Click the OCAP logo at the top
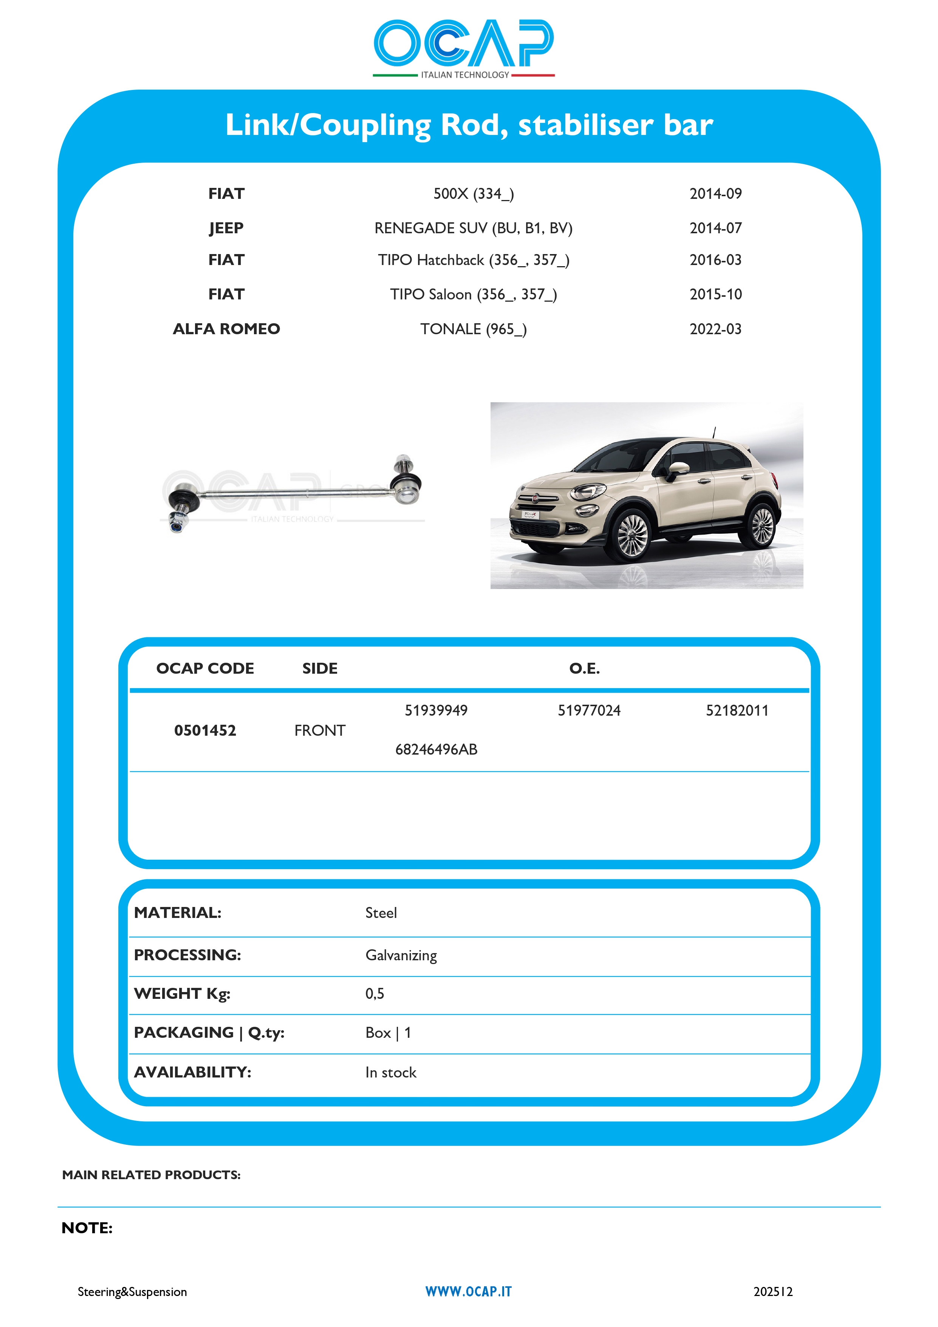click(x=464, y=47)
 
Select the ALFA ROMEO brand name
click(x=226, y=329)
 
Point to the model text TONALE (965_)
click(x=473, y=329)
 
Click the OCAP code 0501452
click(x=205, y=730)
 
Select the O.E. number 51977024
click(x=588, y=710)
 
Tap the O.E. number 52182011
click(x=737, y=710)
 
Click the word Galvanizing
click(x=401, y=955)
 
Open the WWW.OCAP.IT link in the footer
click(x=468, y=1292)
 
